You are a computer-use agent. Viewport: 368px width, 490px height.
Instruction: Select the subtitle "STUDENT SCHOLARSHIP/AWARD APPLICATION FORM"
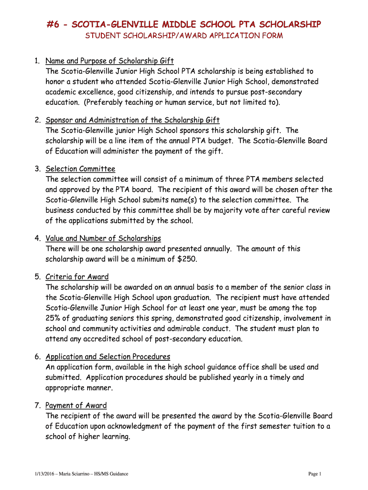pyautogui.click(x=184, y=36)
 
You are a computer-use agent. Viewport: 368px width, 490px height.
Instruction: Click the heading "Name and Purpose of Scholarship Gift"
pyautogui.click(x=109, y=61)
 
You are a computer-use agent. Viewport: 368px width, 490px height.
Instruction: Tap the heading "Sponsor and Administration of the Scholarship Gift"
pyautogui.click(x=132, y=120)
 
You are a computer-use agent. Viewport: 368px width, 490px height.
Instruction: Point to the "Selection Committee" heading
pyautogui.click(x=80, y=169)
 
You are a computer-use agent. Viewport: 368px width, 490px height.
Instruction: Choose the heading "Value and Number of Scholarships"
pyautogui.click(x=103, y=238)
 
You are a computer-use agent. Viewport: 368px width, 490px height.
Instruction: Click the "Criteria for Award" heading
pyautogui.click(x=77, y=277)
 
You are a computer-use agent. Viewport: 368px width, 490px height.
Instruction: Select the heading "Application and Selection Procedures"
pyautogui.click(x=108, y=356)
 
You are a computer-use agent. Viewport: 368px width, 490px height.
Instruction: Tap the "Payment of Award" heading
pyautogui.click(x=76, y=405)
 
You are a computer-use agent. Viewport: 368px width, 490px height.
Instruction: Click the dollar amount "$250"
pyautogui.click(x=186, y=259)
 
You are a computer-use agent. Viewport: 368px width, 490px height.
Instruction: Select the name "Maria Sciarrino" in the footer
pyautogui.click(x=76, y=474)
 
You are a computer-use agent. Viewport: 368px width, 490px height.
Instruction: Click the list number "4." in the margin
pyautogui.click(x=37, y=238)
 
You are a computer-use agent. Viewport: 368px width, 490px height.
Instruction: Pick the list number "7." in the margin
pyautogui.click(x=37, y=405)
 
